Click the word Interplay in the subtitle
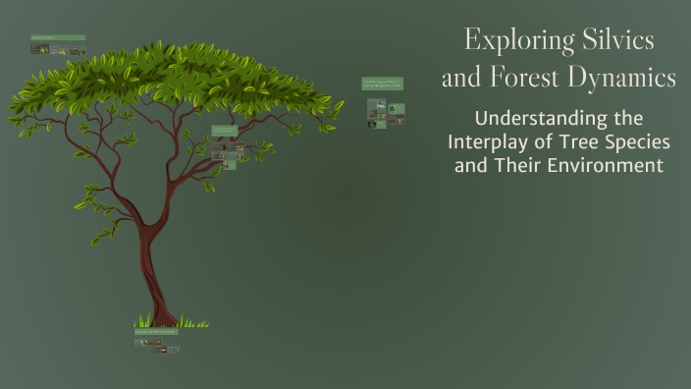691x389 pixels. [x=489, y=142]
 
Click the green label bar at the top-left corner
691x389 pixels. [x=58, y=38]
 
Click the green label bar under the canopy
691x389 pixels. [x=225, y=130]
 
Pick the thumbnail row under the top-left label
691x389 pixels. [x=58, y=50]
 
